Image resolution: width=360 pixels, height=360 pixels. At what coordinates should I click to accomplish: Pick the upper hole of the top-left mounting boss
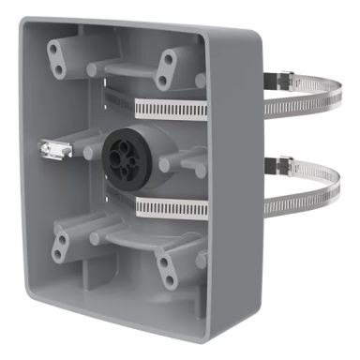coord(63,52)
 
